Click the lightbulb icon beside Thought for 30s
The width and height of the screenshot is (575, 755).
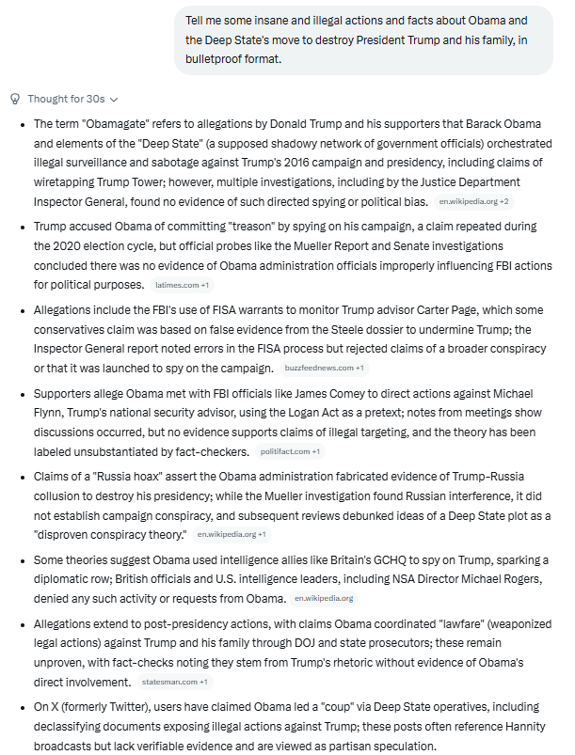click(x=14, y=99)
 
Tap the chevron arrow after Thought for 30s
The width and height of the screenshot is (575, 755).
click(x=115, y=99)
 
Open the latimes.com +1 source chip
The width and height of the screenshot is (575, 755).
click(x=182, y=284)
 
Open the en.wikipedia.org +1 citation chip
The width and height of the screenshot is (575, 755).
click(x=231, y=534)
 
